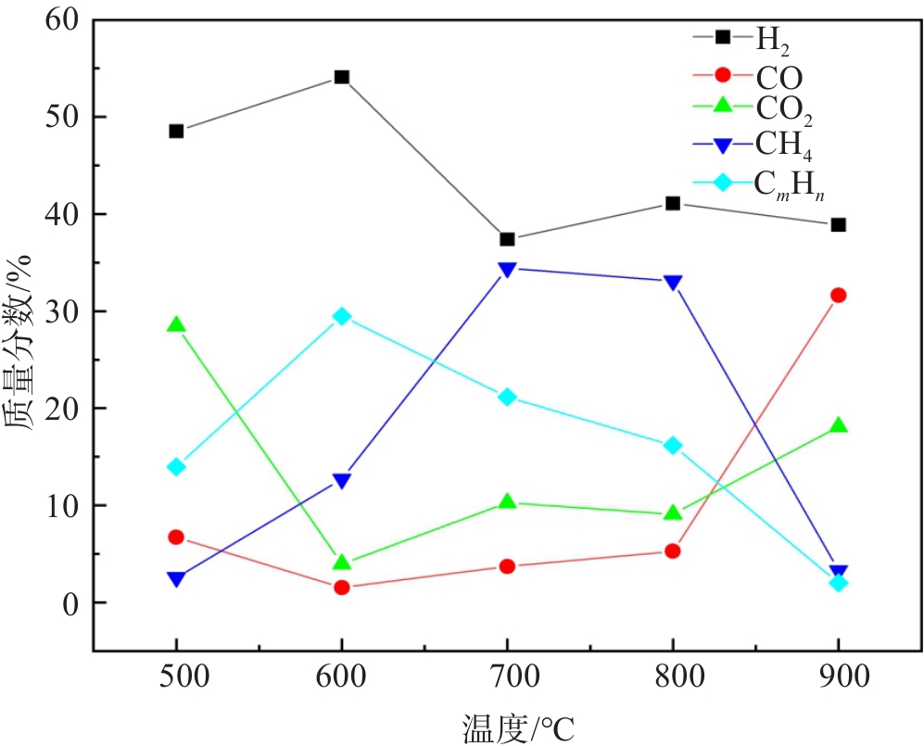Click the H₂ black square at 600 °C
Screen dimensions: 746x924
click(x=342, y=77)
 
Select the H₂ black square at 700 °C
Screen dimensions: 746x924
click(x=507, y=239)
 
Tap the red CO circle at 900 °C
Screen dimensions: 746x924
click(x=838, y=295)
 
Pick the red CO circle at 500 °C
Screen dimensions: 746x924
click(x=176, y=537)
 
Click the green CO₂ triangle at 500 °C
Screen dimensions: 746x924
click(x=176, y=324)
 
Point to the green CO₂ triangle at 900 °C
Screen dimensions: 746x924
click(x=838, y=425)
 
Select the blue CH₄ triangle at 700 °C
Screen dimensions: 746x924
click(x=507, y=270)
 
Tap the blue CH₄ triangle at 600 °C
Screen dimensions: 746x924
click(x=342, y=480)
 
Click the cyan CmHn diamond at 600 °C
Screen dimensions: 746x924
click(x=342, y=316)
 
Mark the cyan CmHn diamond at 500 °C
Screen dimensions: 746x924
click(x=176, y=466)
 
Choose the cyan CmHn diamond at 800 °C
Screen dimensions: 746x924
click(x=673, y=446)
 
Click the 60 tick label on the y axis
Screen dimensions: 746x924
click(x=61, y=19)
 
